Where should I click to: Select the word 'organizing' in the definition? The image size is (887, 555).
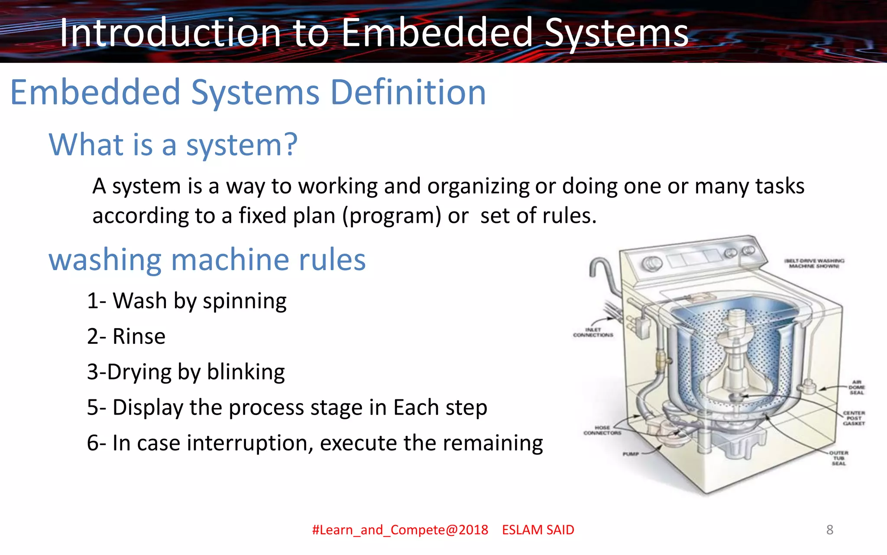pyautogui.click(x=478, y=186)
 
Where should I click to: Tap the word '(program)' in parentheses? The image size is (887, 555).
pyautogui.click(x=392, y=215)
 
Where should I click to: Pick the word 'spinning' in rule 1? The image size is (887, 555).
pyautogui.click(x=244, y=301)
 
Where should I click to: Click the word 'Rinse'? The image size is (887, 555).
pyautogui.click(x=139, y=336)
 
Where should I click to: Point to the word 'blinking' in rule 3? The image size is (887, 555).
pyautogui.click(x=246, y=372)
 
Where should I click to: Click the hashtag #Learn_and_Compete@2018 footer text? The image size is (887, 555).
pyautogui.click(x=400, y=530)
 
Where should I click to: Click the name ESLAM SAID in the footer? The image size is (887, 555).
pyautogui.click(x=538, y=530)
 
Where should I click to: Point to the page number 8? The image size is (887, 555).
pyautogui.click(x=829, y=530)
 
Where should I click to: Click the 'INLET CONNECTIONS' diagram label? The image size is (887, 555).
pyautogui.click(x=593, y=333)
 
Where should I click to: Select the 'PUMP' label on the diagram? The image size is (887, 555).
pyautogui.click(x=631, y=454)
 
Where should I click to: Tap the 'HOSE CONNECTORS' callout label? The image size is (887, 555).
pyautogui.click(x=602, y=430)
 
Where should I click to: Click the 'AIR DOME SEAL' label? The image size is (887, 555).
pyautogui.click(x=856, y=387)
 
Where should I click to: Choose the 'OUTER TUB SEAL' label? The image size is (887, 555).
pyautogui.click(x=838, y=458)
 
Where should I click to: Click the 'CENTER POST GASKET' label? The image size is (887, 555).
pyautogui.click(x=854, y=418)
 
